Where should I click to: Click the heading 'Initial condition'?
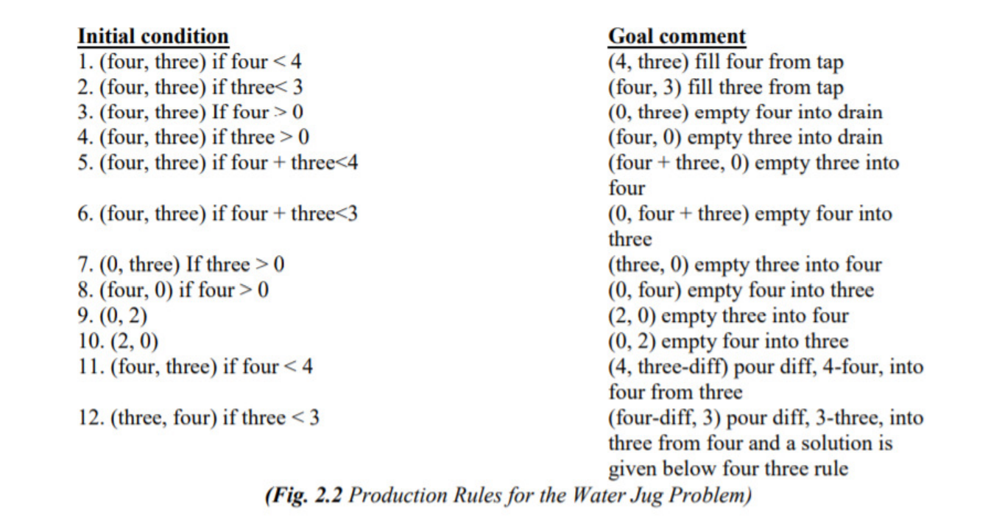click(153, 36)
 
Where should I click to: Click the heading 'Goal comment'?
click(677, 36)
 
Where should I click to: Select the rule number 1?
click(85, 62)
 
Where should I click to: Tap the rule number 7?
click(85, 264)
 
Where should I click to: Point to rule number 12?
click(91, 418)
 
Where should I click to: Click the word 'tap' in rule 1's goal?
click(830, 63)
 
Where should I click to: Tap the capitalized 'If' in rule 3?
click(219, 112)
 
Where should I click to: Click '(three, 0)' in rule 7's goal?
click(648, 265)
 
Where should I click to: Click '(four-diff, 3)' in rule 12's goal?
click(664, 418)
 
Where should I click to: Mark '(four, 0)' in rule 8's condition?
click(136, 290)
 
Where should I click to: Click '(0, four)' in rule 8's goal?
click(645, 290)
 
